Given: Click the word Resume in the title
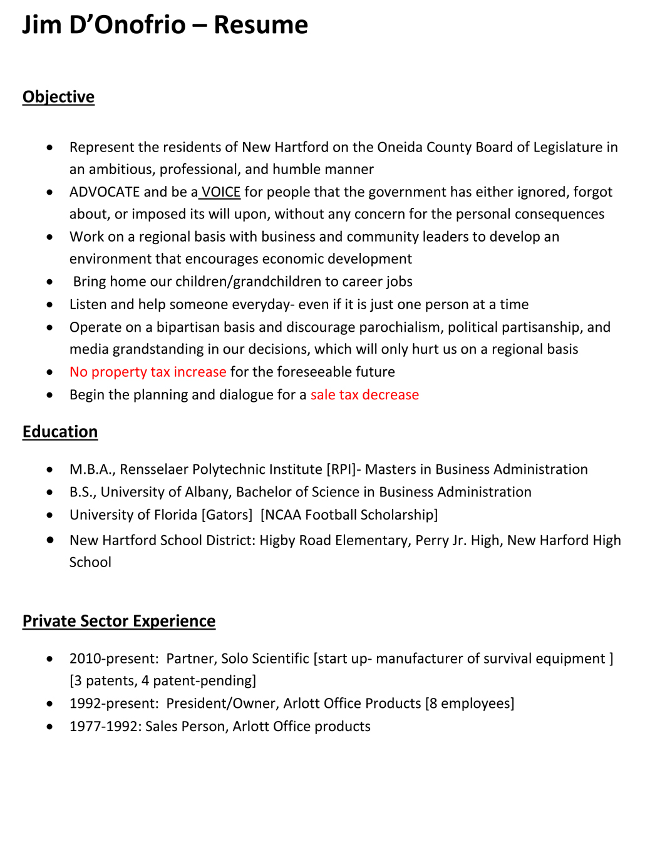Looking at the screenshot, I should pyautogui.click(x=261, y=25).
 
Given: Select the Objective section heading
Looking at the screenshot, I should pyautogui.click(x=58, y=97).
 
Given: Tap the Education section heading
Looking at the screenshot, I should pyautogui.click(x=60, y=432).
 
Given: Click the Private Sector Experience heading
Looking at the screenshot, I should pyautogui.click(x=119, y=621).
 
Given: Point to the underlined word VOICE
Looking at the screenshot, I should pyautogui.click(x=221, y=192).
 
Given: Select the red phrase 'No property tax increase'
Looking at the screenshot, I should pyautogui.click(x=148, y=372).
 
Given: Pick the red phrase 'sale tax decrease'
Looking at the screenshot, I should pyautogui.click(x=364, y=395).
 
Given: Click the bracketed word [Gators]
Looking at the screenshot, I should pyautogui.click(x=227, y=515).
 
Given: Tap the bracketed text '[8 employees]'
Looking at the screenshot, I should pyautogui.click(x=470, y=704).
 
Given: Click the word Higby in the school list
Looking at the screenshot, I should pyautogui.click(x=278, y=540).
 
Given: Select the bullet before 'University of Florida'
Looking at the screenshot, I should pyautogui.click(x=50, y=515).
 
